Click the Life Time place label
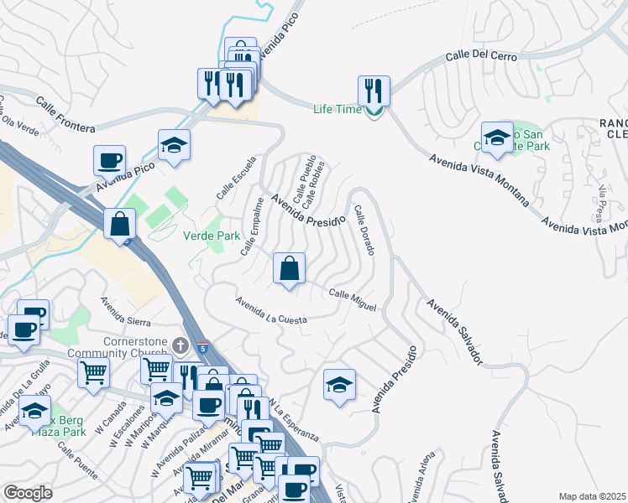pyautogui.click(x=337, y=110)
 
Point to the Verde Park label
pyautogui.click(x=212, y=236)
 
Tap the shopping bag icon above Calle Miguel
pyautogui.click(x=289, y=269)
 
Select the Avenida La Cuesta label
pyautogui.click(x=271, y=310)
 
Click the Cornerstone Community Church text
pyautogui.click(x=136, y=347)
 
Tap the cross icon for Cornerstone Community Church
pyautogui.click(x=179, y=345)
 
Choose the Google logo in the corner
pyautogui.click(x=28, y=493)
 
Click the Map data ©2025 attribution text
pyautogui.click(x=592, y=496)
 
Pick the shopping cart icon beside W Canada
pyautogui.click(x=93, y=372)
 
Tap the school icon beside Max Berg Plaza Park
pyautogui.click(x=34, y=412)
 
